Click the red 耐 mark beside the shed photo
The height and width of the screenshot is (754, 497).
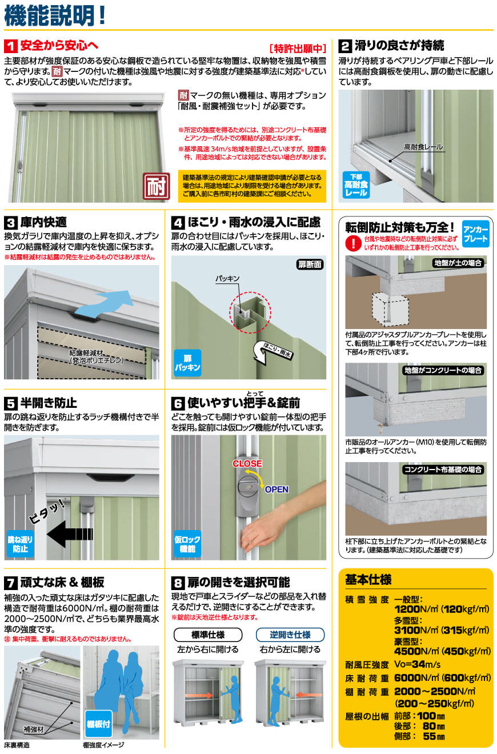[156, 186]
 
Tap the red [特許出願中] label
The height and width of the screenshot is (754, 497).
[298, 49]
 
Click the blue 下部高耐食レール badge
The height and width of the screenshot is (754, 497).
[356, 185]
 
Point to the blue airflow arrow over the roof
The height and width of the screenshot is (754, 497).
[104, 303]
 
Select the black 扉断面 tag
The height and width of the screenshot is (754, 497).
[310, 264]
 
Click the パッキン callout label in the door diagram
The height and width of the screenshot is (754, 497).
[227, 278]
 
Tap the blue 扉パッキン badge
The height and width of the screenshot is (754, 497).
[187, 363]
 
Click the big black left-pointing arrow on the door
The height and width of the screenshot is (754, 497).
[70, 534]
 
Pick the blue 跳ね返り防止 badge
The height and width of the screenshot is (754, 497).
[20, 544]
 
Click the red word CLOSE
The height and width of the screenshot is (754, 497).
[247, 463]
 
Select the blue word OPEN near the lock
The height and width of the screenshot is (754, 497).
[276, 490]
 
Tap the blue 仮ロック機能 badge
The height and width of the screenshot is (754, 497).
[187, 544]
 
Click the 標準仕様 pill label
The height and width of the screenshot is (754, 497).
[208, 635]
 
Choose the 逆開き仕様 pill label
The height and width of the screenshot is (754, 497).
[290, 635]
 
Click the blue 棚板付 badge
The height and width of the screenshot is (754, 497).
[98, 724]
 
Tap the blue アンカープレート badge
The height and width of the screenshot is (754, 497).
[475, 234]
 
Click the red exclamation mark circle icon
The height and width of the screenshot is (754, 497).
[353, 243]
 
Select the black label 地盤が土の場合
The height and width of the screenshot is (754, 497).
[458, 263]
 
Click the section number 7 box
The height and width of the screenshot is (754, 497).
[10, 583]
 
